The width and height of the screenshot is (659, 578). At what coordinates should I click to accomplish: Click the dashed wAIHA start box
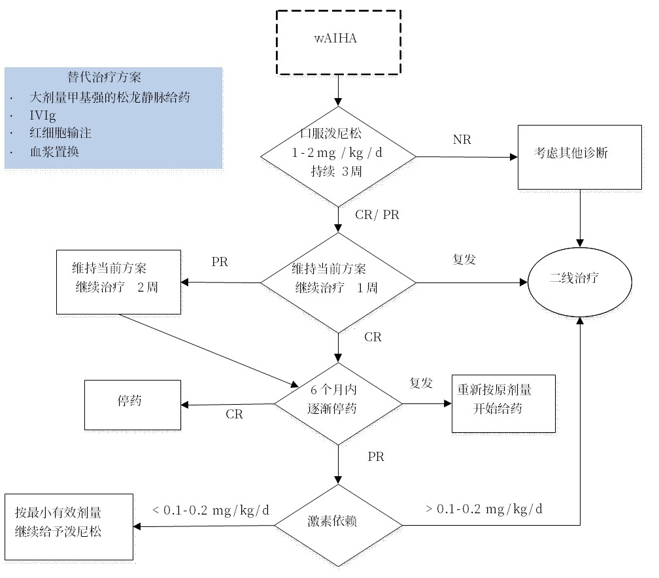coord(337,42)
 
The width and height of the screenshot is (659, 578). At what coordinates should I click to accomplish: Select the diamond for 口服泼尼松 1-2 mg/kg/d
coord(338,157)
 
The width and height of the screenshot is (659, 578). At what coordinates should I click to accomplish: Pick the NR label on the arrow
coord(462,139)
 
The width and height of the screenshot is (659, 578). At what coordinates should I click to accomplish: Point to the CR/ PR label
coord(377,216)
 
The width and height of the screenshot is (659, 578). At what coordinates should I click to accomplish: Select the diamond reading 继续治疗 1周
coord(338,282)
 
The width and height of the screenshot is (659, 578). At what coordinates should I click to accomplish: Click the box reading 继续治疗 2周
coord(118,282)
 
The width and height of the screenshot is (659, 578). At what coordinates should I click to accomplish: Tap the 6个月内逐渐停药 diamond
coord(338,403)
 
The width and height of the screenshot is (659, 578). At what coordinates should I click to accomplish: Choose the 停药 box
coord(133,405)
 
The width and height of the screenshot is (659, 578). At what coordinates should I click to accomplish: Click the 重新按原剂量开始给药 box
coord(503,403)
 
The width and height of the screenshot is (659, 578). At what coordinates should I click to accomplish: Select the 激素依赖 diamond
coord(338,525)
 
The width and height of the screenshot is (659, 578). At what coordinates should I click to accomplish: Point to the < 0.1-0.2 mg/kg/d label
coord(211,509)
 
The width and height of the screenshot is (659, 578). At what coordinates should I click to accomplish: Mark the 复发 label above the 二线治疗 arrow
coord(464,259)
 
